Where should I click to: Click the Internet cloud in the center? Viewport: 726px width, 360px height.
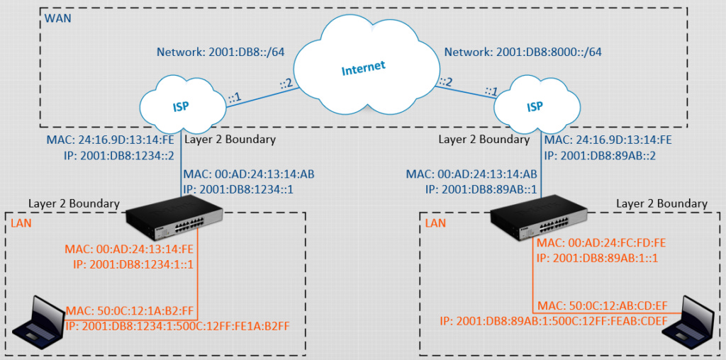(363, 67)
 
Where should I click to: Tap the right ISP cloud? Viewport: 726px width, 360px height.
(535, 107)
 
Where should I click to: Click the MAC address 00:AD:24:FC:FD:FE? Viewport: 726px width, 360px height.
(602, 243)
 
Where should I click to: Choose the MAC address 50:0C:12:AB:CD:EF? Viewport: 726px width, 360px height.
(602, 306)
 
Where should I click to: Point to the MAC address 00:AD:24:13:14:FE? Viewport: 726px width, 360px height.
(130, 249)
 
